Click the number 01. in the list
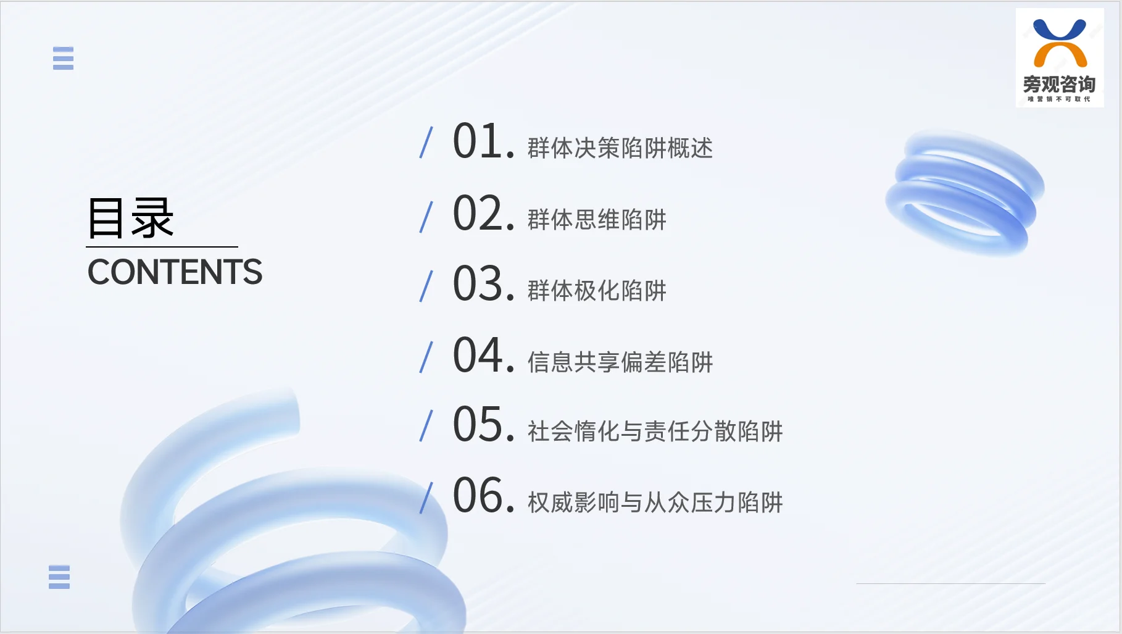(x=483, y=141)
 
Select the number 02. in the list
(x=483, y=214)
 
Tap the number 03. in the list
(x=483, y=284)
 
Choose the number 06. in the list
(x=483, y=496)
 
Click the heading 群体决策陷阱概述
(x=620, y=148)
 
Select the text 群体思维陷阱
(x=597, y=220)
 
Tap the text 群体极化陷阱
(x=597, y=291)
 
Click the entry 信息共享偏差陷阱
(x=620, y=362)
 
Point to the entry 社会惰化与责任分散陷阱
(x=655, y=432)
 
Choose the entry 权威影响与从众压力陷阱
(x=655, y=503)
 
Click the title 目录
(x=130, y=218)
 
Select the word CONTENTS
(x=175, y=272)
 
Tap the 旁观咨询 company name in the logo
(x=1059, y=84)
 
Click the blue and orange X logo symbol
(x=1060, y=43)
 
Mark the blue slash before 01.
(x=426, y=142)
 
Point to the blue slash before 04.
(x=426, y=357)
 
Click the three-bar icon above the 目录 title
(x=63, y=58)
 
